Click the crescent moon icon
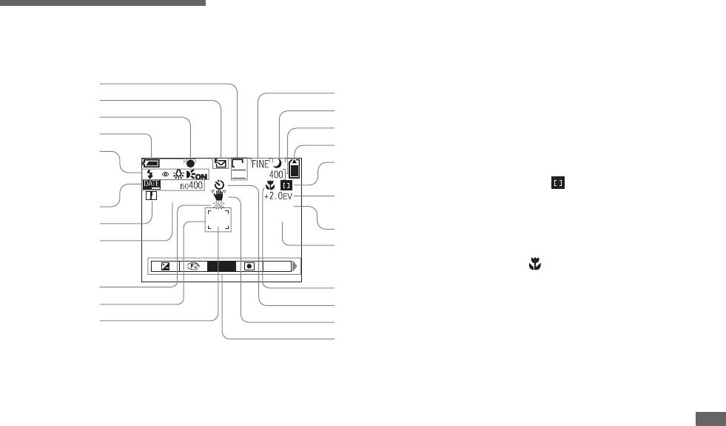tap(278, 163)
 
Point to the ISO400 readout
tap(191, 185)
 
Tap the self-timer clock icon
tap(218, 186)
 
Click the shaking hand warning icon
tap(219, 196)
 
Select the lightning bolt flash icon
tap(150, 175)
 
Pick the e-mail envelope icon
tap(220, 162)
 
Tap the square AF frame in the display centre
tap(218, 219)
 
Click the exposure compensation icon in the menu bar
tap(167, 267)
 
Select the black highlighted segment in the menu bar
tap(221, 267)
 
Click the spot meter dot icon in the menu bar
tap(249, 267)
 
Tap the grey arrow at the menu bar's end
tap(297, 267)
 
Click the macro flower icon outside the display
tap(531, 263)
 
